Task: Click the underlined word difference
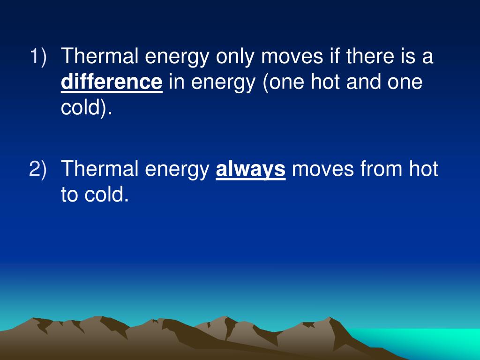112,82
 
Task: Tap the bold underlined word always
250,169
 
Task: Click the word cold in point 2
105,194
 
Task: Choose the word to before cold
70,194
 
